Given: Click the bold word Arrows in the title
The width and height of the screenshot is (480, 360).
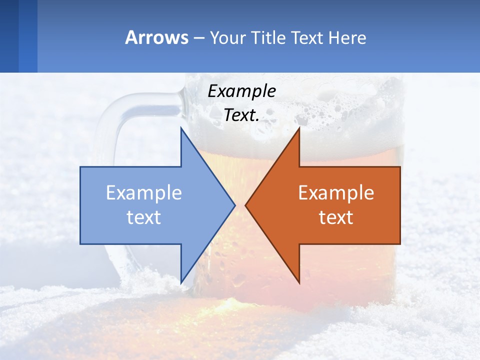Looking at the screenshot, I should [x=156, y=37].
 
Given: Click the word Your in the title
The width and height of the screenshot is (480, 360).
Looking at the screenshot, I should [x=227, y=37].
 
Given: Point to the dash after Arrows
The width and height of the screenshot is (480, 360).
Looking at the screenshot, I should [x=198, y=38].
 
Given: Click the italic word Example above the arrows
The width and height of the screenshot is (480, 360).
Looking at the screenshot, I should [x=242, y=91].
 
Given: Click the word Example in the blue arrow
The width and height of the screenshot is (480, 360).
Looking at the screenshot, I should [x=144, y=192].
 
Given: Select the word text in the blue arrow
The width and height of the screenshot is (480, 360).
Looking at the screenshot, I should [x=144, y=217].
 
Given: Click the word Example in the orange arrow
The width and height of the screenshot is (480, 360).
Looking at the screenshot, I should [x=336, y=192].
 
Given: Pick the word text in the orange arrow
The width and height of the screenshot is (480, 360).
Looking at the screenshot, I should [x=336, y=217].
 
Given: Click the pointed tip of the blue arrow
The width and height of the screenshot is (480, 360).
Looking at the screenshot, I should [x=234, y=205].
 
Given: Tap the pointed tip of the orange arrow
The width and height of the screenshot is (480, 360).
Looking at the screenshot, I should [x=245, y=205].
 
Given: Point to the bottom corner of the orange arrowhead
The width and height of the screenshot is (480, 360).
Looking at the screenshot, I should [x=299, y=283].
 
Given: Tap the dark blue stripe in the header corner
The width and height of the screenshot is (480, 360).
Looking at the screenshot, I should [x=9, y=36].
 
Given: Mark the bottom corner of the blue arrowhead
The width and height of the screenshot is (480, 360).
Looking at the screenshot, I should [x=181, y=283].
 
